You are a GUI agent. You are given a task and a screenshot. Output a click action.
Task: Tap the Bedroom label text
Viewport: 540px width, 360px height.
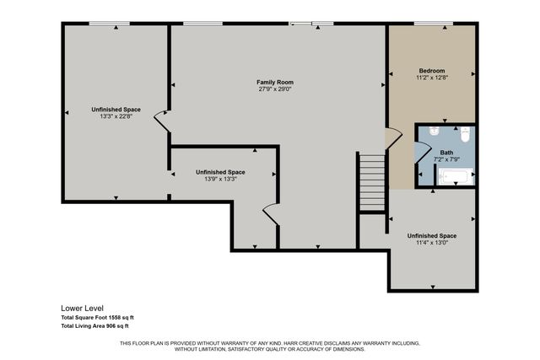pos(431,70)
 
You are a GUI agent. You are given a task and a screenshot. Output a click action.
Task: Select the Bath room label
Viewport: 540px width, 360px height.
pos(445,153)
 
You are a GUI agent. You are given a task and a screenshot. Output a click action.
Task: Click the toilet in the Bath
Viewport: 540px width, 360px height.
pos(464,134)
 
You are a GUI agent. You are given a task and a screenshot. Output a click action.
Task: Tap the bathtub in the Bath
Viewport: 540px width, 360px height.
pos(456,177)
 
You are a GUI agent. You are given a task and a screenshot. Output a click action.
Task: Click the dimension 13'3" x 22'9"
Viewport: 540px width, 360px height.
pos(116,117)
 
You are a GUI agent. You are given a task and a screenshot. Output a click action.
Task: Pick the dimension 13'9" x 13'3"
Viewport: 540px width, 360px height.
pos(220,179)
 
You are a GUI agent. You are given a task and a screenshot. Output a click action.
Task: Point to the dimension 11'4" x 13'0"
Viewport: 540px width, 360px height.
pos(431,243)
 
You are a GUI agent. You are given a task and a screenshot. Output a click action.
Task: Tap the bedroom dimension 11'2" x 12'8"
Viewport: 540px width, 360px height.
pos(431,78)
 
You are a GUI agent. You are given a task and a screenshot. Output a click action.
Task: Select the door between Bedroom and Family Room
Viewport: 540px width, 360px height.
pos(392,139)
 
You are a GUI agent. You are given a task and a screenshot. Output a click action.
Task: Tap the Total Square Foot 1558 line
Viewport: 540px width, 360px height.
pos(98,317)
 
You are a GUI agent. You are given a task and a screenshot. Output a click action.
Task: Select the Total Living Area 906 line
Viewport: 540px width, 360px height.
pos(94,325)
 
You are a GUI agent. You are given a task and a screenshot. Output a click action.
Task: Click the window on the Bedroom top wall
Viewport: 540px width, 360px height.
pos(431,24)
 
